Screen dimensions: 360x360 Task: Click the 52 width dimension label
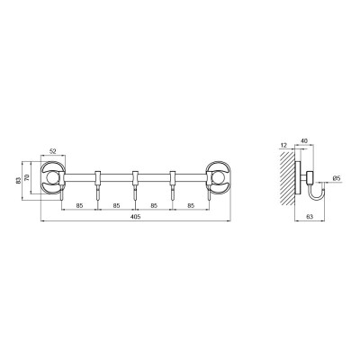53,152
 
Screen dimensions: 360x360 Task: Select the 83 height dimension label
19,180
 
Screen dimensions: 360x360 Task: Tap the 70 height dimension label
27,178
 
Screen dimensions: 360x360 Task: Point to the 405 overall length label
136,217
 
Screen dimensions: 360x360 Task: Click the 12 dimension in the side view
283,145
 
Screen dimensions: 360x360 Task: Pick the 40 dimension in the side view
304,140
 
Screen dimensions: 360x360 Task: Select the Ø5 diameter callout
337,178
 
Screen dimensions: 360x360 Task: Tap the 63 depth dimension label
310,217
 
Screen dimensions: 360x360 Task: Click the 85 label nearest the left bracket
79,206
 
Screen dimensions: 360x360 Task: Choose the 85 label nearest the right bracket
191,206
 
